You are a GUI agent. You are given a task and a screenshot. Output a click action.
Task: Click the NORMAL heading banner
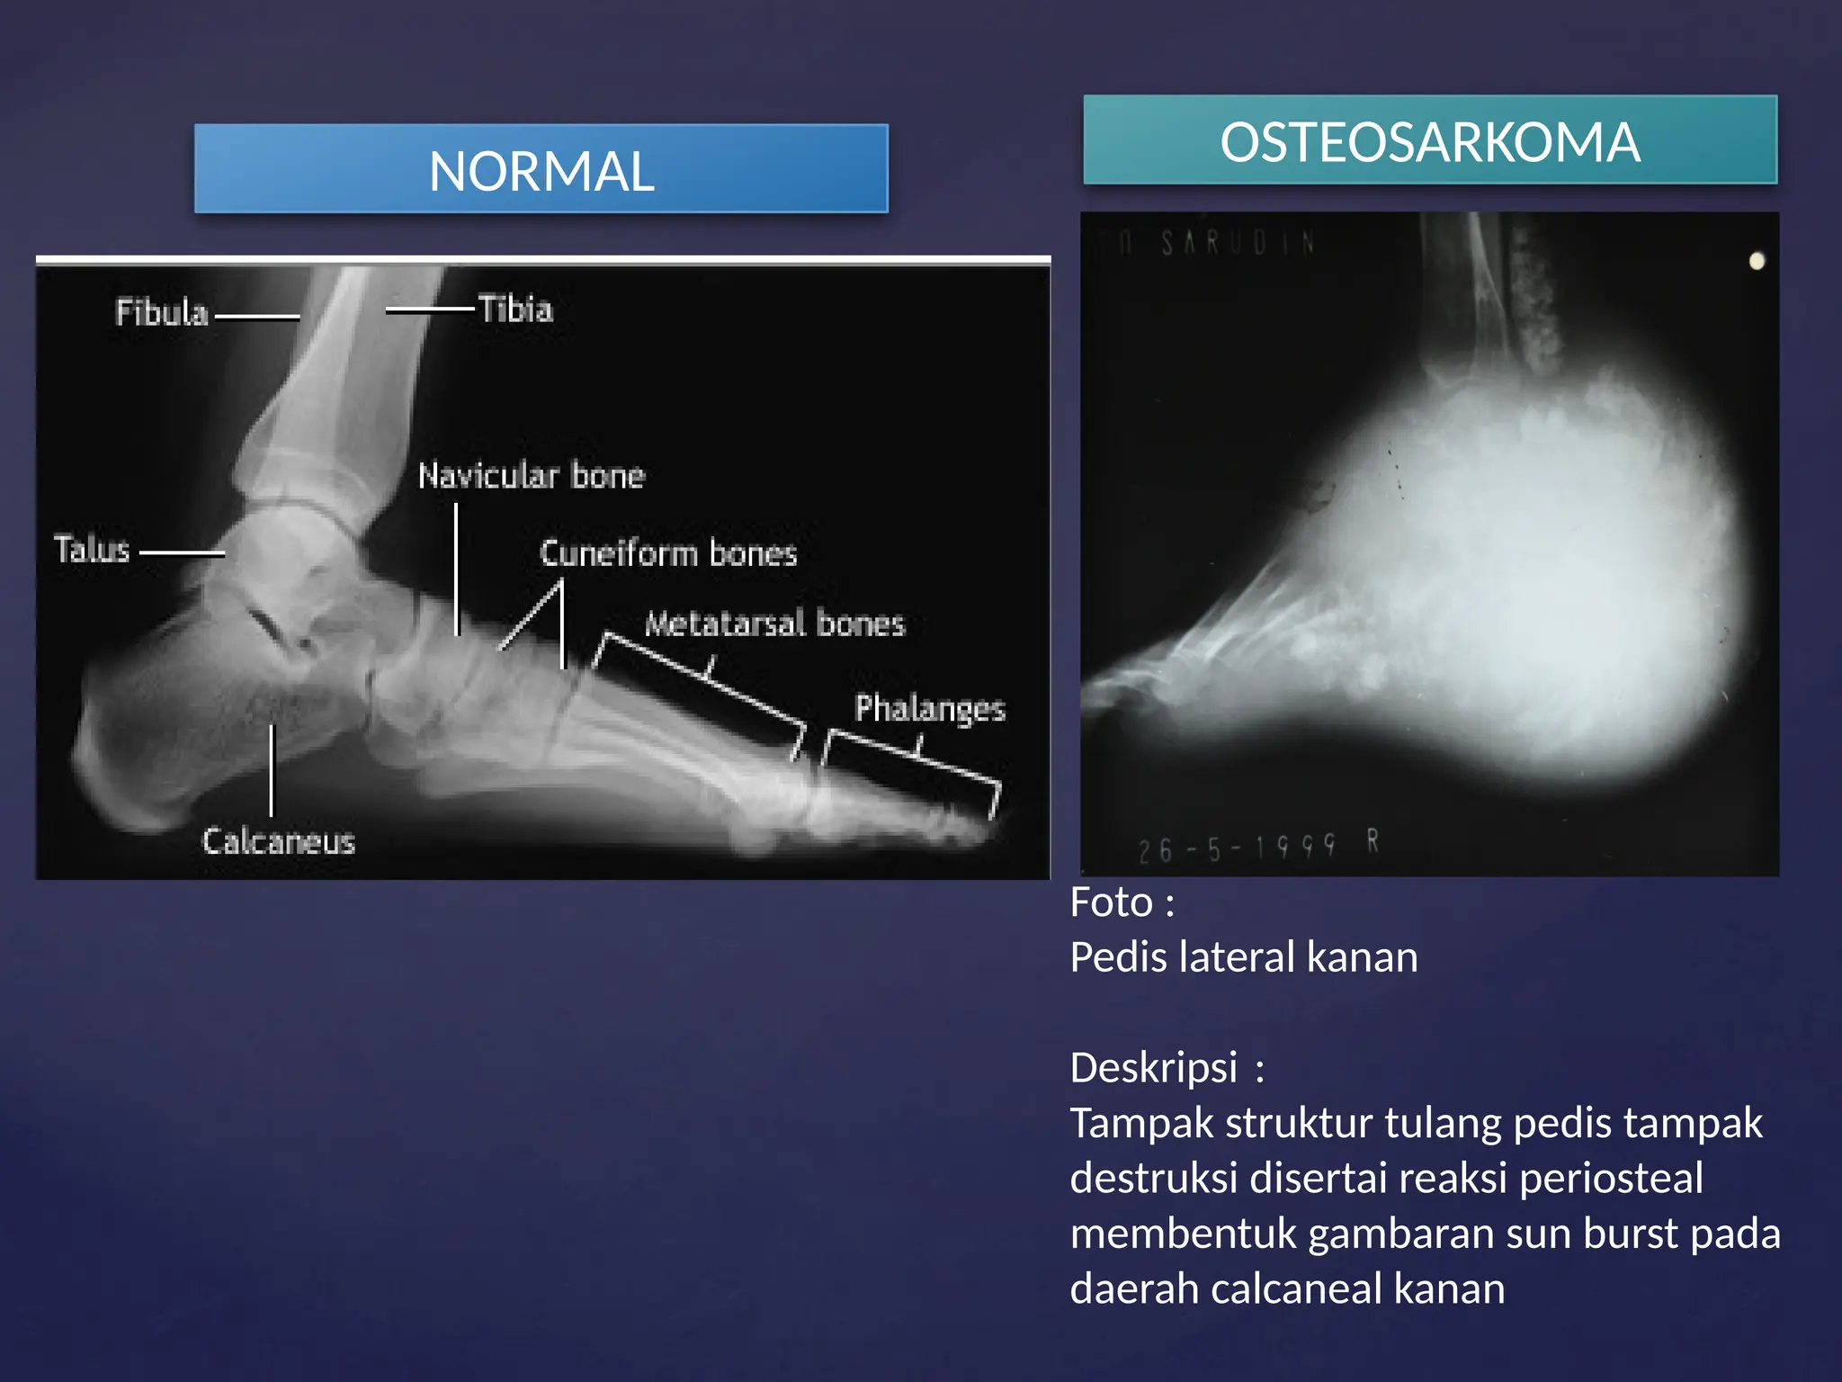pos(541,169)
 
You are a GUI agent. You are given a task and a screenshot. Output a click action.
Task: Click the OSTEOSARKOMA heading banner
pos(1429,141)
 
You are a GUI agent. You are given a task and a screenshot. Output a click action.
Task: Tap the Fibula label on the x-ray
pos(162,312)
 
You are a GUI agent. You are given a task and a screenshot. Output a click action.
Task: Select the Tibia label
pos(514,309)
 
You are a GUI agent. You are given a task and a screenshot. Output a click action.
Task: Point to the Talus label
pos(92,549)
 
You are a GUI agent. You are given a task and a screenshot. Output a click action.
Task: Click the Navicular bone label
pos(531,475)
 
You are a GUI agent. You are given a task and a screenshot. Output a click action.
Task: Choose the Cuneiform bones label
pos(667,552)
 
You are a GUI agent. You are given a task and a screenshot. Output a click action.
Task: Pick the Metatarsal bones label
pos(774,623)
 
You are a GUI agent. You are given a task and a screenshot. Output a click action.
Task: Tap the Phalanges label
pos(929,708)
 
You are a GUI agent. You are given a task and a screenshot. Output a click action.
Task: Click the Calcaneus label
pos(278,841)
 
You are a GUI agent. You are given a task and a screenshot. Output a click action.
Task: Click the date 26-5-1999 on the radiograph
pos(1236,848)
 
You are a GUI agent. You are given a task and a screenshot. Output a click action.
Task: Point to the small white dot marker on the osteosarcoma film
pos(1756,261)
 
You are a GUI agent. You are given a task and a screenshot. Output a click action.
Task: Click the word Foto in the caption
pos(1112,902)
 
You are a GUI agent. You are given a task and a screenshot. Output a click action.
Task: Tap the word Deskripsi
pos(1154,1068)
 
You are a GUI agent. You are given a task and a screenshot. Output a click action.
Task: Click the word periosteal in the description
pos(1611,1178)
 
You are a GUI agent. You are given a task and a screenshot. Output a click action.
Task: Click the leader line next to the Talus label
pos(182,552)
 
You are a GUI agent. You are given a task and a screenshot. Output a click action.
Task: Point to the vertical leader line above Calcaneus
pos(272,769)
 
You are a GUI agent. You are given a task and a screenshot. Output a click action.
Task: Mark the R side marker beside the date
pos(1373,841)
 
